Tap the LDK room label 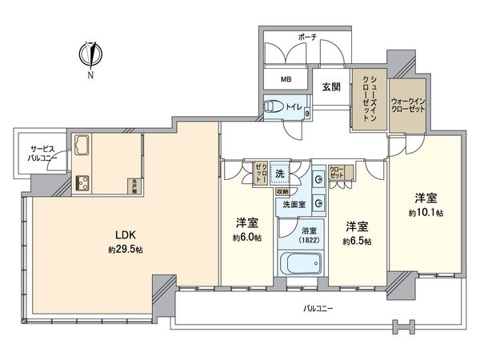point(124,236)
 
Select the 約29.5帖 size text point(124,250)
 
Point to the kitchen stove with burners point(84,183)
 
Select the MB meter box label point(286,80)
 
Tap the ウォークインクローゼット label point(408,106)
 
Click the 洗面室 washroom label point(295,206)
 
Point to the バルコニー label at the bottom point(318,307)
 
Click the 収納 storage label point(282,192)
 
